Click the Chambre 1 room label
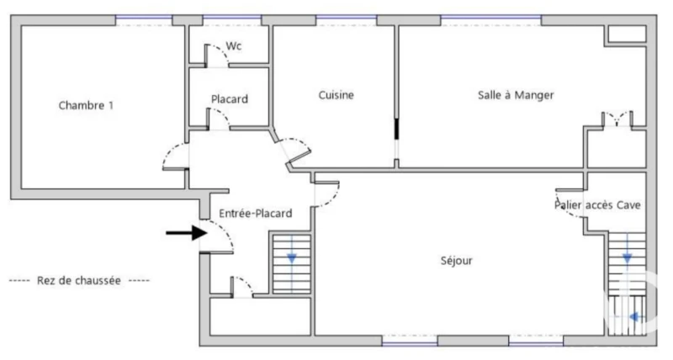[86, 105]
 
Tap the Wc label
[234, 46]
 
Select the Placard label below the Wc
[229, 99]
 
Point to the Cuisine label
[336, 95]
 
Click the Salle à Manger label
[516, 95]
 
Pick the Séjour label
[456, 261]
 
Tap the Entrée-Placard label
[256, 214]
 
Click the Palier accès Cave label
[597, 205]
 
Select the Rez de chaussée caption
[79, 281]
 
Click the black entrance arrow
[187, 233]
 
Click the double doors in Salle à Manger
[617, 119]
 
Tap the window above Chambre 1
[144, 18]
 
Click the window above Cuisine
[347, 18]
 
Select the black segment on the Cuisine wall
[396, 129]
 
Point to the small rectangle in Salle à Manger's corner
[628, 34]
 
